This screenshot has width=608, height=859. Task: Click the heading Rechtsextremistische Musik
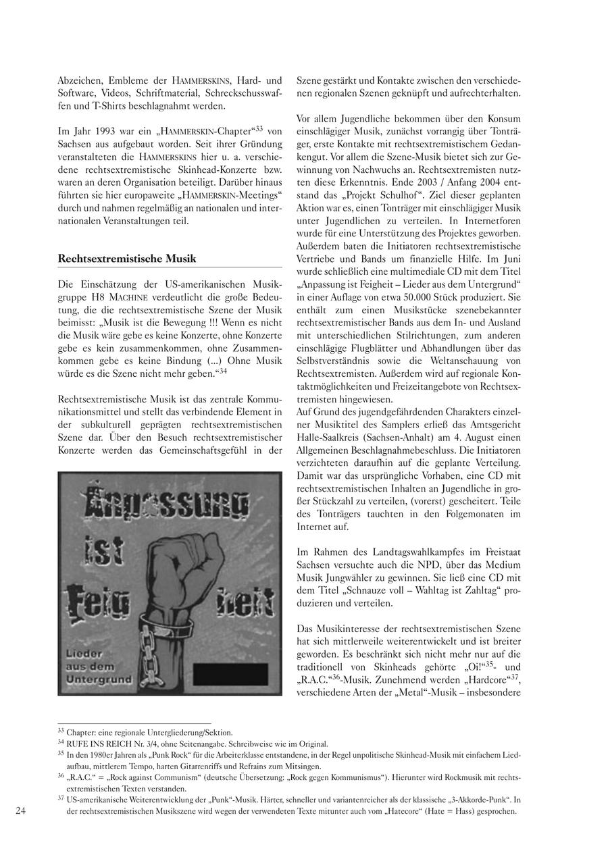click(127, 258)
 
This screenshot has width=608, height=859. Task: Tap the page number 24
click(20, 811)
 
